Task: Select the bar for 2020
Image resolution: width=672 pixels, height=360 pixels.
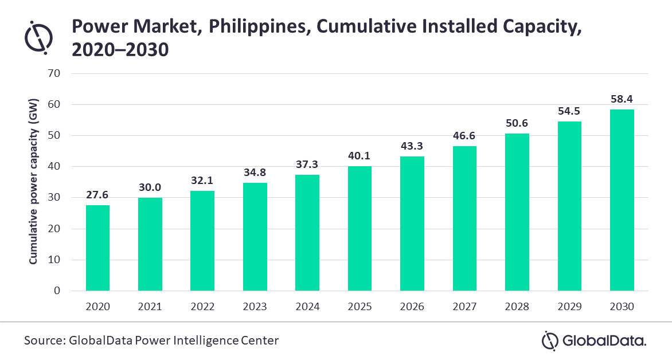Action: tap(97, 248)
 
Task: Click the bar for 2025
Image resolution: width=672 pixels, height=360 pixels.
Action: tap(360, 228)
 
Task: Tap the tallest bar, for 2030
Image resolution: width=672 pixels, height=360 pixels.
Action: tap(622, 200)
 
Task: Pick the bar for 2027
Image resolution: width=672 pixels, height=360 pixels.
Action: tap(464, 218)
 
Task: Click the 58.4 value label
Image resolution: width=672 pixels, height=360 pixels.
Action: tap(622, 99)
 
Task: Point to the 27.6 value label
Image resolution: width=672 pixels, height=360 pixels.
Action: tap(97, 194)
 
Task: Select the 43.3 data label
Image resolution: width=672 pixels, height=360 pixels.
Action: tap(412, 146)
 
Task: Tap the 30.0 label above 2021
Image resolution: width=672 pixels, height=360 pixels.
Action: tap(150, 187)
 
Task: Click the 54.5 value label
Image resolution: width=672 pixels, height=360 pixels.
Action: tap(569, 111)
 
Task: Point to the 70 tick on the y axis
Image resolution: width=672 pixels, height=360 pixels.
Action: tap(54, 74)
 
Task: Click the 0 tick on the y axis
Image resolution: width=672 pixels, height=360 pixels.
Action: tap(57, 291)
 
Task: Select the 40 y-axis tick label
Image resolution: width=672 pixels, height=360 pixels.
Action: tap(54, 167)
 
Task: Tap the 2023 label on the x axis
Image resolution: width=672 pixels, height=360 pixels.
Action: tap(255, 307)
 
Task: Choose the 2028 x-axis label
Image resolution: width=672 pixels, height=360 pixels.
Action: tap(517, 307)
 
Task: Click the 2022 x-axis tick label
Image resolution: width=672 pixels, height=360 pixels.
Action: tap(202, 307)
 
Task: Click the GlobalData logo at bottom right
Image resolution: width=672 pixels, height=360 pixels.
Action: tap(594, 341)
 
